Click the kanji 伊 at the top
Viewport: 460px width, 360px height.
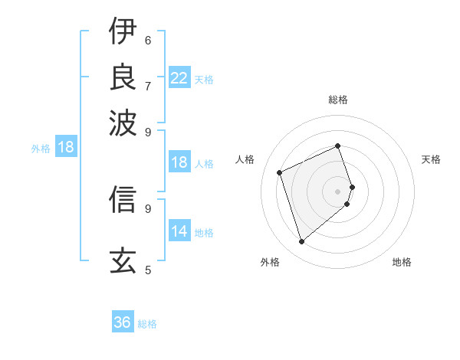(x=123, y=31)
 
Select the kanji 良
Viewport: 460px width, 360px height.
(x=123, y=77)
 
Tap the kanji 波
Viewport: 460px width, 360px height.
(x=123, y=122)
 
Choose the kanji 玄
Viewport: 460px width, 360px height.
(x=123, y=261)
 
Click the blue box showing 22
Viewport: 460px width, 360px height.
(x=179, y=77)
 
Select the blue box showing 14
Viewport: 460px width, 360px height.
(x=179, y=231)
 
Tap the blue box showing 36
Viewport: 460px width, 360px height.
(x=123, y=322)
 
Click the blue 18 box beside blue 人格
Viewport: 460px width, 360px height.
(x=179, y=162)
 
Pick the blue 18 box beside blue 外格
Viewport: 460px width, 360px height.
(x=66, y=147)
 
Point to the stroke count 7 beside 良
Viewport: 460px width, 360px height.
(x=148, y=85)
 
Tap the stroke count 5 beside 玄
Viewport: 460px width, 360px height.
(x=148, y=270)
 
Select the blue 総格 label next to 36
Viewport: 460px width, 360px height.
(x=148, y=324)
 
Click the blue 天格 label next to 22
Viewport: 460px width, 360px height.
(x=204, y=79)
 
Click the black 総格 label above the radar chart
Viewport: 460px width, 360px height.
(x=338, y=100)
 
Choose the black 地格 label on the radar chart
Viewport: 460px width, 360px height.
(x=402, y=263)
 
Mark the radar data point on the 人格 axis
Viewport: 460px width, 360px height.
(x=280, y=172)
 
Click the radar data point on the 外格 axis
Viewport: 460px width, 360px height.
(x=302, y=242)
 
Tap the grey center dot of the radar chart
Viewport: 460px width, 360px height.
(x=338, y=191)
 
